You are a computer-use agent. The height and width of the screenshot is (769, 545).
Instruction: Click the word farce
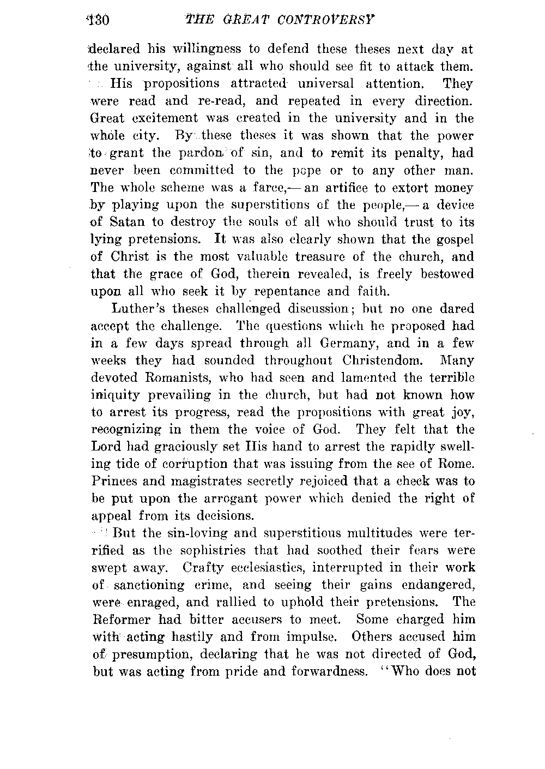pos(273,188)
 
